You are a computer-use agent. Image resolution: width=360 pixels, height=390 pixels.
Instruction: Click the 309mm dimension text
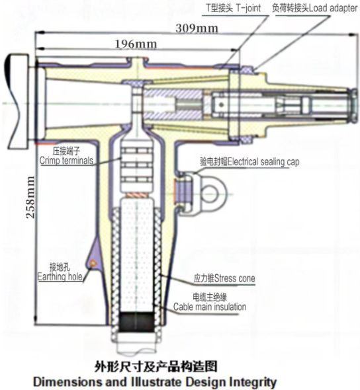197,28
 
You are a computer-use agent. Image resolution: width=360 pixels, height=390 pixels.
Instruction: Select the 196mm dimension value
136,44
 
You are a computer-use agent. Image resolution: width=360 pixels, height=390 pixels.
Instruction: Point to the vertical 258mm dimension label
30,197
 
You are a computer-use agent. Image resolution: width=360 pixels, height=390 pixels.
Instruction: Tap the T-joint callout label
234,8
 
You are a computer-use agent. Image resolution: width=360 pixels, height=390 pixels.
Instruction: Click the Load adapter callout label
315,8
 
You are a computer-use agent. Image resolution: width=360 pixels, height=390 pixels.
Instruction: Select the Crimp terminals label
66,156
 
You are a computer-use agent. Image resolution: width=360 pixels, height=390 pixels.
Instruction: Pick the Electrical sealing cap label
249,162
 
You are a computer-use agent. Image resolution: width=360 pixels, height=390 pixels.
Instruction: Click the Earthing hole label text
60,272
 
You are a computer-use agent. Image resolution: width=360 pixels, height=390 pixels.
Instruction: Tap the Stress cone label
224,278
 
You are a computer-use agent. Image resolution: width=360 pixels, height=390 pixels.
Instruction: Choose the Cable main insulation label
210,302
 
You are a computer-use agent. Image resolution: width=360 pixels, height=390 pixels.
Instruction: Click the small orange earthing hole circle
93,262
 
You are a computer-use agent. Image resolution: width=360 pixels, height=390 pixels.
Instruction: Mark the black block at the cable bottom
136,322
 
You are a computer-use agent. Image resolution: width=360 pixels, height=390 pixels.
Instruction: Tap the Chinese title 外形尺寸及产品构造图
156,367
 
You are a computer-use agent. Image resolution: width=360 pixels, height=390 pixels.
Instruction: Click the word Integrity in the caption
253,382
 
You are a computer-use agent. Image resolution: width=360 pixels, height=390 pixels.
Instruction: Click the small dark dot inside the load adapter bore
221,104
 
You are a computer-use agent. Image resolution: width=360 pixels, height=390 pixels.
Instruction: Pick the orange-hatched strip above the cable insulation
136,196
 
